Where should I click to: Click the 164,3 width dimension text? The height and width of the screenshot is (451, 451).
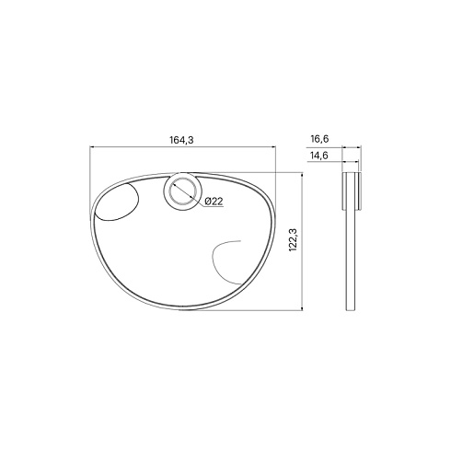coord(181,140)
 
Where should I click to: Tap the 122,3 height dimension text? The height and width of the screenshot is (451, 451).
coord(293,240)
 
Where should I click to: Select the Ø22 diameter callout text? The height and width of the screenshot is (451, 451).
coord(214,202)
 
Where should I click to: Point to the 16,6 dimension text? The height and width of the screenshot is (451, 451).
coord(319,139)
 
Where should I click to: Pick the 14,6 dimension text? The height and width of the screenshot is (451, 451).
coord(319,156)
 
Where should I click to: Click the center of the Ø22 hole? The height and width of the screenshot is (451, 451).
coord(181,191)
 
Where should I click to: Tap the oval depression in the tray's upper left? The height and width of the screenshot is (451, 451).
coord(117,202)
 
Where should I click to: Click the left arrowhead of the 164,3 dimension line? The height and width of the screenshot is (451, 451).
coord(91,147)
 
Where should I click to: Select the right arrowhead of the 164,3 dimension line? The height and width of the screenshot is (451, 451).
coord(273,147)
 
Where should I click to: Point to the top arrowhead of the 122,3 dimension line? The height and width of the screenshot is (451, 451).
coord(303,175)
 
